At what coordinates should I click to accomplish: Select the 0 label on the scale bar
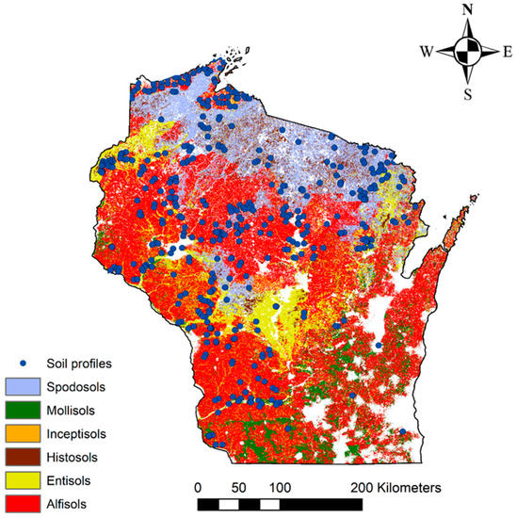[198, 488]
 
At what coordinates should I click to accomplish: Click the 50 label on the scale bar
[239, 488]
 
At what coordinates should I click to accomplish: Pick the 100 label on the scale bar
[280, 488]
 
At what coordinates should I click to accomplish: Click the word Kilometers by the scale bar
[412, 488]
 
